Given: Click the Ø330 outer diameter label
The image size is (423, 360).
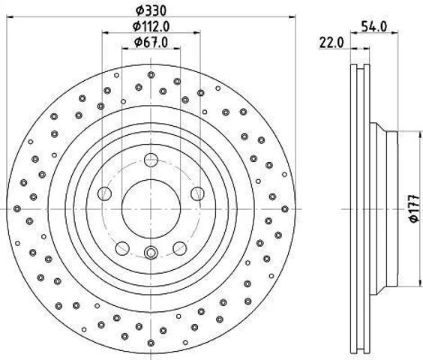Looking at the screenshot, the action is coord(151,10).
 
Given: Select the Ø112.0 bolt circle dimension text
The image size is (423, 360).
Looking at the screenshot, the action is coord(151,26).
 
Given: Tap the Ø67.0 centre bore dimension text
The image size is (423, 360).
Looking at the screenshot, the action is coord(151,42).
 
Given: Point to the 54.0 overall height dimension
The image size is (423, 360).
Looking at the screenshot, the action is coord(374,26).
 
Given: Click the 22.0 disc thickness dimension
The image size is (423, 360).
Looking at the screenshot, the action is coord(331,43).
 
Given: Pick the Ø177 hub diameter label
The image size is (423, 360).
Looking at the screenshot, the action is coord(415,208).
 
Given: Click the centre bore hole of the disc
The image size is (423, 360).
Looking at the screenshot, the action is coord(151,209).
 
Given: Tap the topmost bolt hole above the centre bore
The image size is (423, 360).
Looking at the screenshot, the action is coord(151,160).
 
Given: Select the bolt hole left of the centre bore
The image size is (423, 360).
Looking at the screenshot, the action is coord(104,193).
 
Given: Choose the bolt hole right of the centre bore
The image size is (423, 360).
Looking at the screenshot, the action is coord(197,193).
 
